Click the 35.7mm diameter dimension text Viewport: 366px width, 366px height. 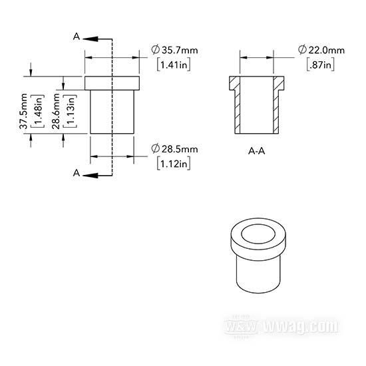174,50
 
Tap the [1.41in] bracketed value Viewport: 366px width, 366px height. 174,64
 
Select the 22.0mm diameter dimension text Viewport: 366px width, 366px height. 321,50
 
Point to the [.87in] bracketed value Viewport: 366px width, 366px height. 320,64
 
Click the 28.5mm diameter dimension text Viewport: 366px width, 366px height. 174,149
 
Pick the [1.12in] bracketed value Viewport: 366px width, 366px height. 174,163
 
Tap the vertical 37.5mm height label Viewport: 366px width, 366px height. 23,111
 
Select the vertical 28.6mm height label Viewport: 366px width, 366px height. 56,111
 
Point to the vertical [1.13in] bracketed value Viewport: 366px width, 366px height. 70,111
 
